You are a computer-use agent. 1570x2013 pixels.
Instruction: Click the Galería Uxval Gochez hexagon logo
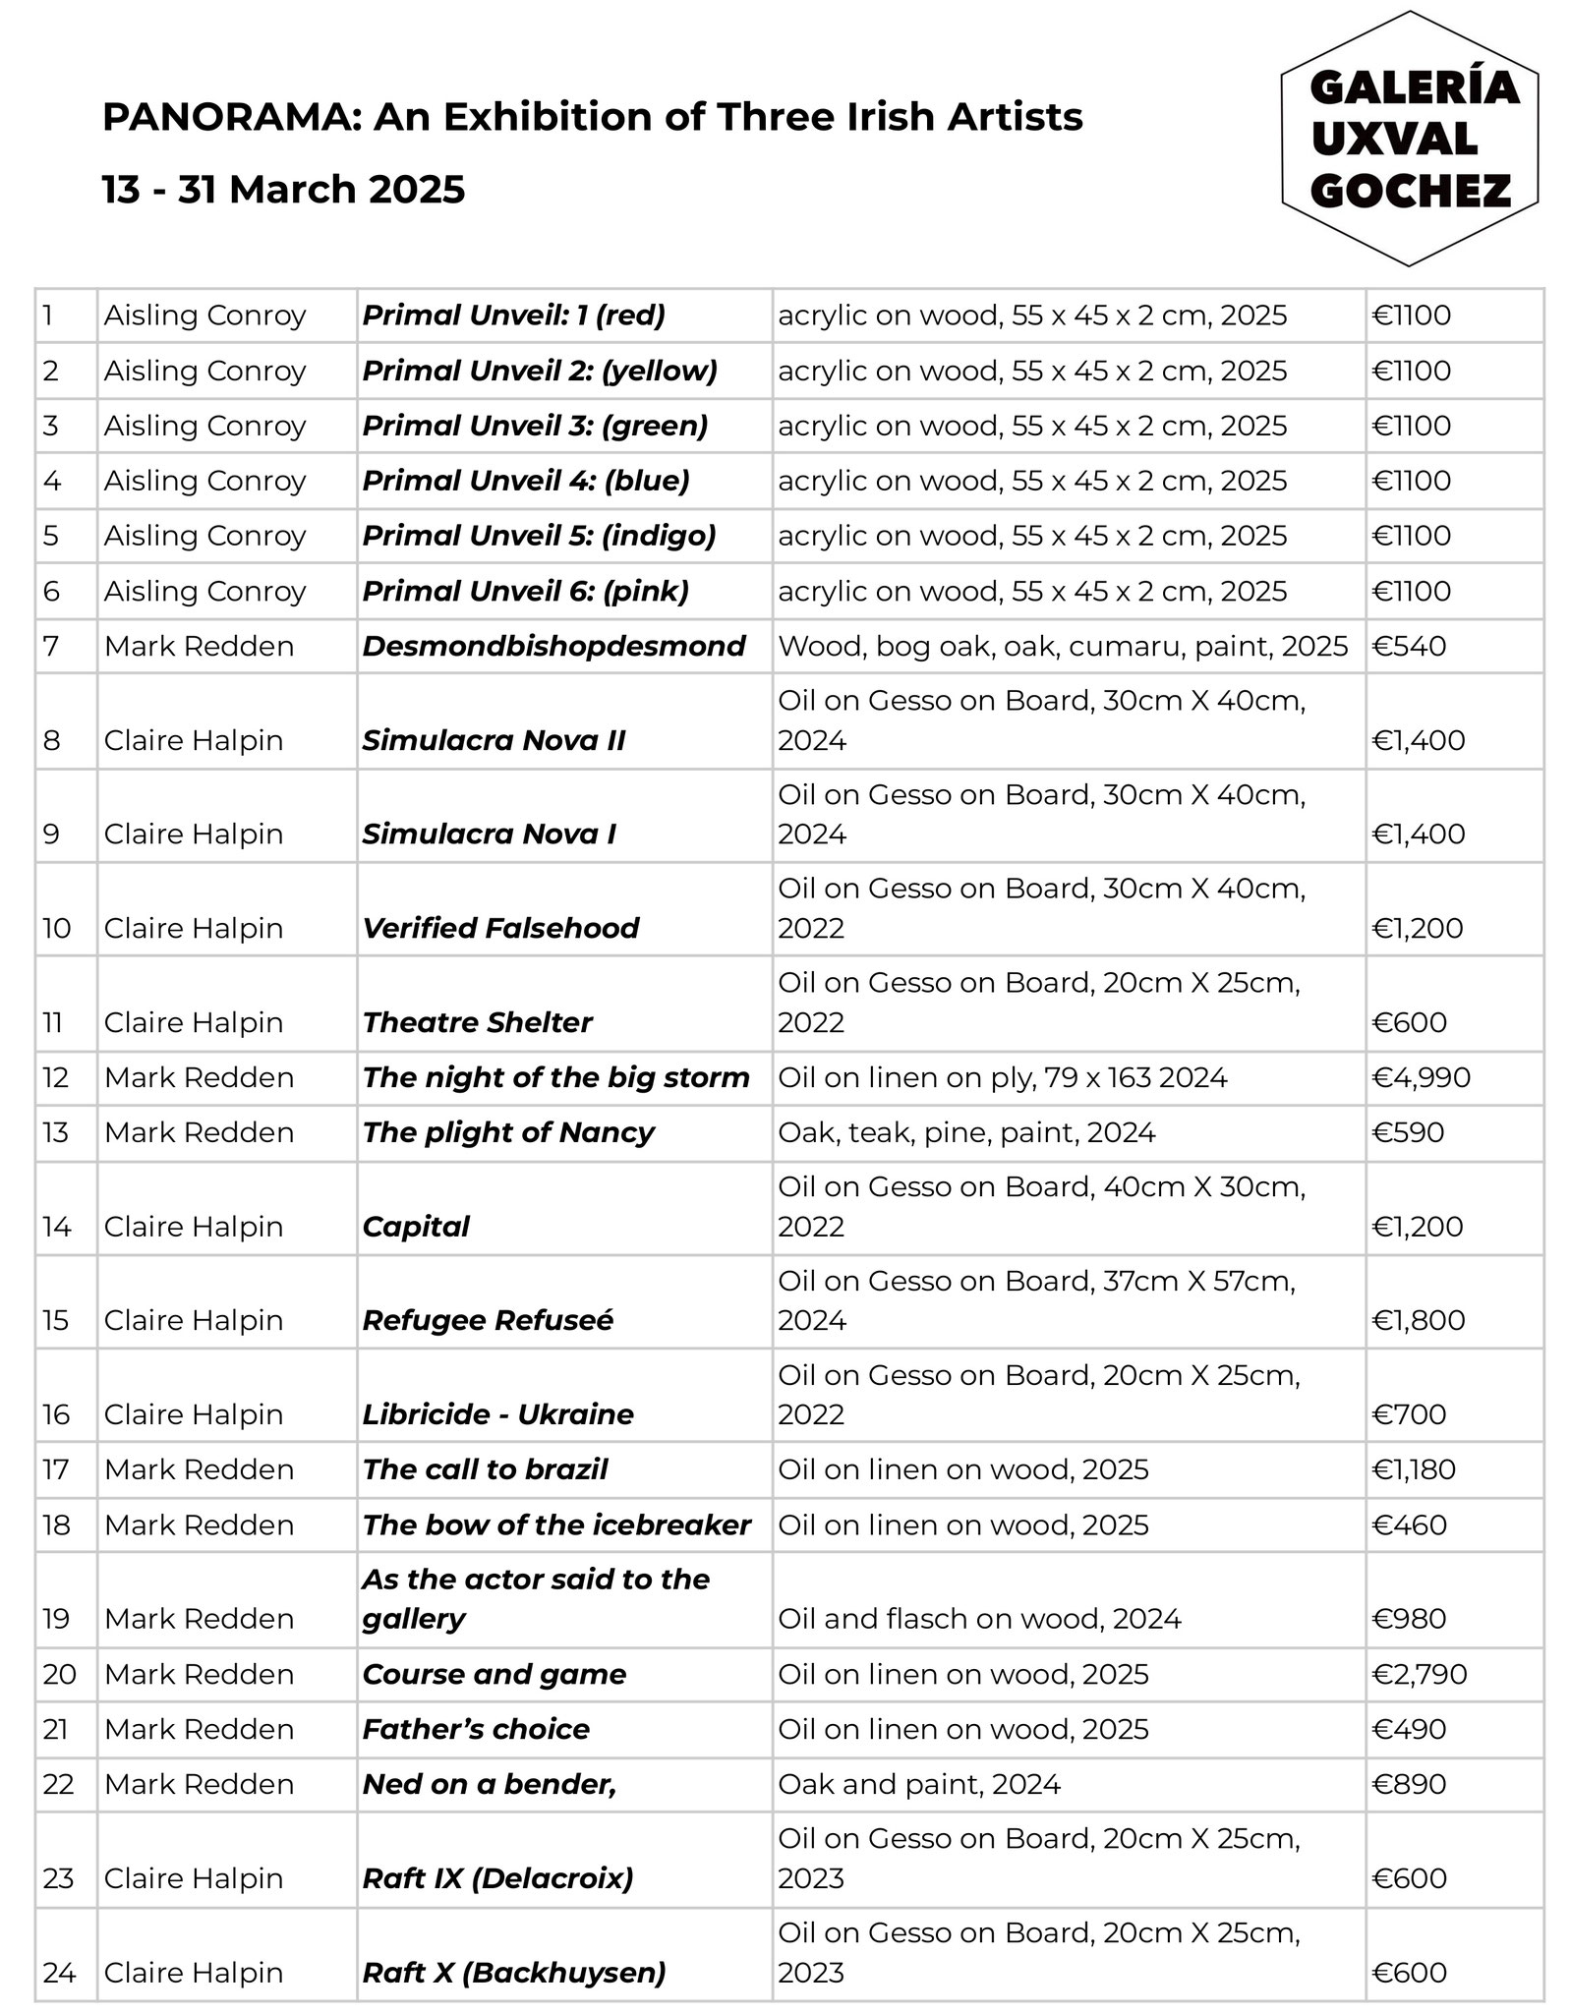pos(1411,139)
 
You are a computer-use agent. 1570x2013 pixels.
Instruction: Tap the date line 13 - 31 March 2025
pos(283,189)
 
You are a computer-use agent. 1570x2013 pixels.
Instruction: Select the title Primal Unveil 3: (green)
pos(535,426)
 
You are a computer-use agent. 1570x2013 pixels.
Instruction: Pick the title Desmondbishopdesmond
pos(553,646)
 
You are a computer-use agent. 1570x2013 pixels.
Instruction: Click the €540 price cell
pos(1409,646)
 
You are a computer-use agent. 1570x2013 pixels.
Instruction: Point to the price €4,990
pos(1421,1077)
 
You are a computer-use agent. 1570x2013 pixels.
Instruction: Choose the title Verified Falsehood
pos(500,928)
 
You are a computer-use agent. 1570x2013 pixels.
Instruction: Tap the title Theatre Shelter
pos(477,1022)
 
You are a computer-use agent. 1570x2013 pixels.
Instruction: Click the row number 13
pos(56,1132)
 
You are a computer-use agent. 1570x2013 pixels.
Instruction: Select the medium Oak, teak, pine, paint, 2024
pos(966,1132)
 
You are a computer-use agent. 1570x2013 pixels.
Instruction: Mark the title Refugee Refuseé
pos(488,1320)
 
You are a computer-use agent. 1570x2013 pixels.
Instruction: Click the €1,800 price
pos(1418,1320)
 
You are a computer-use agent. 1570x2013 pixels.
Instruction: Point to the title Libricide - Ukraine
pos(497,1414)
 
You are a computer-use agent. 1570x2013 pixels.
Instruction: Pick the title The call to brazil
pos(485,1469)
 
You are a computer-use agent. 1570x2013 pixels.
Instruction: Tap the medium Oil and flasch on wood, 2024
pos(979,1619)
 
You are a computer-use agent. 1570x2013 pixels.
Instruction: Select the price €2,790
pos(1419,1674)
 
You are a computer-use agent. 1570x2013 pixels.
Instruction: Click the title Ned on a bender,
pos(489,1784)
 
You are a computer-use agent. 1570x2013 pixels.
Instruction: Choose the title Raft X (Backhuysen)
pos(513,1973)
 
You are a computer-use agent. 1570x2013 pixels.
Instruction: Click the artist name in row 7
pos(199,646)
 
